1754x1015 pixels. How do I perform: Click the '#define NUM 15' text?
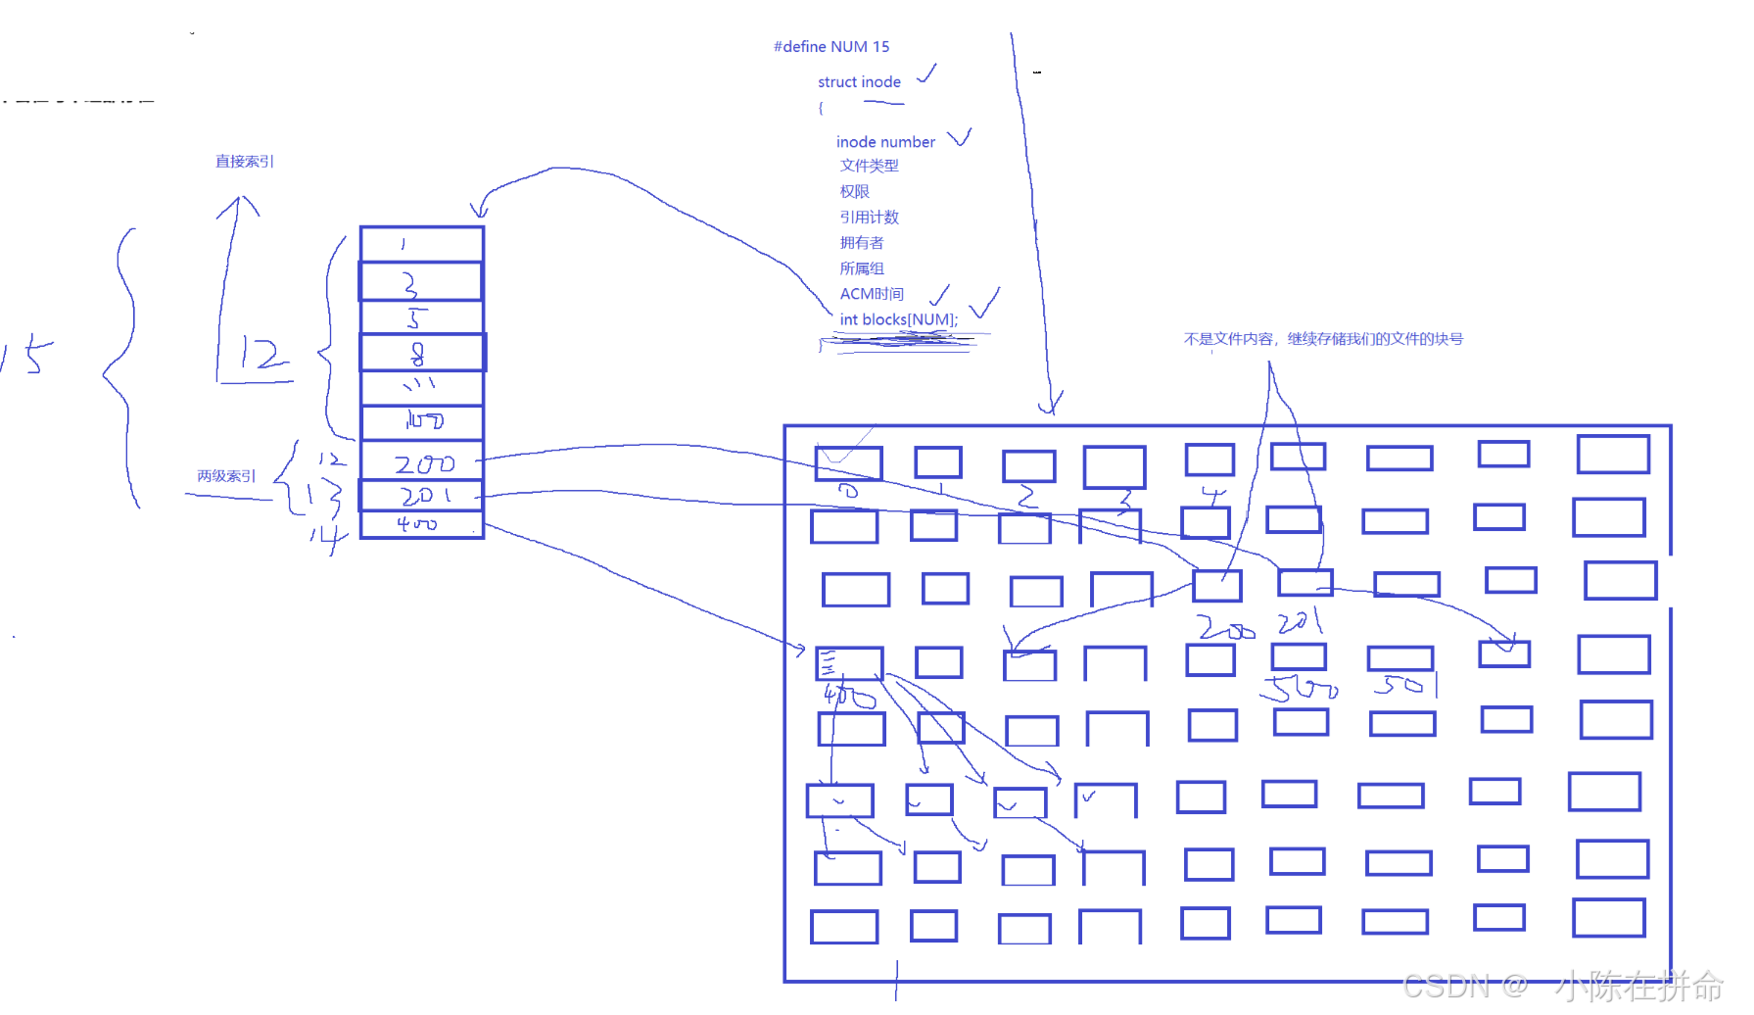pos(831,47)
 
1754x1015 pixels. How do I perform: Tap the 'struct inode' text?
pos(859,82)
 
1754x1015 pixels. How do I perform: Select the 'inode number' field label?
pos(885,142)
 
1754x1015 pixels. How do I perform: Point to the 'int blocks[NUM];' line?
pos(898,319)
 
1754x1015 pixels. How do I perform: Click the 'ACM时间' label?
pos(872,294)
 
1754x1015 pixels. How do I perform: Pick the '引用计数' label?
pos(869,217)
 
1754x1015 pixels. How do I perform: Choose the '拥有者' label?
pos(861,243)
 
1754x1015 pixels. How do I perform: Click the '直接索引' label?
pos(245,162)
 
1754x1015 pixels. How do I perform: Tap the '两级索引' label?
pos(226,476)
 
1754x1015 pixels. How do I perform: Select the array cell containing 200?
pos(422,461)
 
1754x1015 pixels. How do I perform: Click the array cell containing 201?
pos(422,496)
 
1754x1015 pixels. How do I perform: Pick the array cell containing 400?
pos(422,525)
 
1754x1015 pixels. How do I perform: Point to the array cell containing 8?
pos(422,353)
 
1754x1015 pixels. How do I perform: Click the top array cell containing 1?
pos(422,244)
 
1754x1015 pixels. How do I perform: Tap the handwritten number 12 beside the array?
pos(259,355)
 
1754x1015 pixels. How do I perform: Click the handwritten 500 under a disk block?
pos(1300,689)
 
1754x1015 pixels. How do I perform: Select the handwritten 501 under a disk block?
pos(1403,685)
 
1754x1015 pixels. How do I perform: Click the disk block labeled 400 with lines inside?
pos(849,663)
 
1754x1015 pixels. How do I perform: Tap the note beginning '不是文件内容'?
pos(1323,339)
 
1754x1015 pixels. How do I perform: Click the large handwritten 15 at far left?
pos(27,355)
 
